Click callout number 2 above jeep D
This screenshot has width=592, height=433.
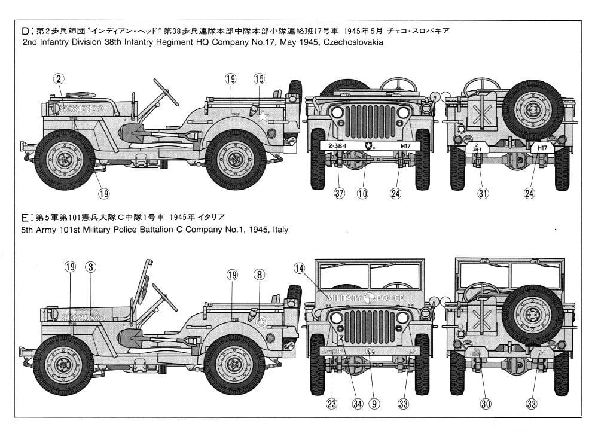(x=59, y=78)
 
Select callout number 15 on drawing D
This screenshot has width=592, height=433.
(x=259, y=78)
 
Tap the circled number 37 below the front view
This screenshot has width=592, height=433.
(x=338, y=193)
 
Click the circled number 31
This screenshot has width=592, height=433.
(x=483, y=193)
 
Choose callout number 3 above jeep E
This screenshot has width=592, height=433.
(x=90, y=267)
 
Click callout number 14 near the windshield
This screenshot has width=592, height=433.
(x=299, y=269)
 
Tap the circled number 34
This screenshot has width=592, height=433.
(x=358, y=404)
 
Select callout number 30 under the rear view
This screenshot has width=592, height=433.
(x=486, y=404)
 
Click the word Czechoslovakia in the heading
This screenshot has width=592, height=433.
(x=350, y=43)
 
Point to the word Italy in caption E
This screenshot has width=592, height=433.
(x=278, y=229)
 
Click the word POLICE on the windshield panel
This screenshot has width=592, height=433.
(x=389, y=298)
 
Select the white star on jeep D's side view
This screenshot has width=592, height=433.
(x=263, y=117)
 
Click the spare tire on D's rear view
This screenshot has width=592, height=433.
(x=532, y=110)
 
